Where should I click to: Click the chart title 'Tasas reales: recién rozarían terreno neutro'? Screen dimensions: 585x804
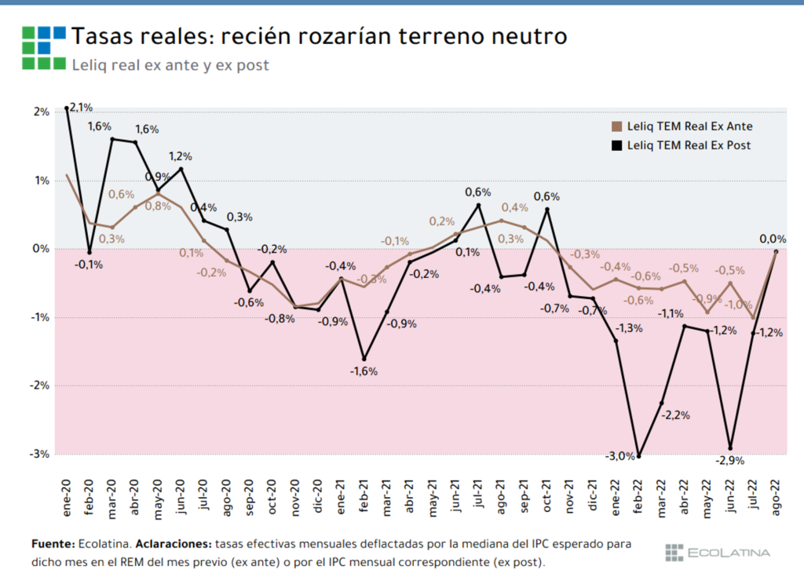[319, 36]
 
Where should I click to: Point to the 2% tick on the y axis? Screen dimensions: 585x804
[41, 112]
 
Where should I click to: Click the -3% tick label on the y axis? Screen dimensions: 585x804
[39, 454]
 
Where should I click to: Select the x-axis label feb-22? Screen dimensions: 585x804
[638, 496]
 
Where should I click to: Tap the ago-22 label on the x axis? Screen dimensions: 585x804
[776, 496]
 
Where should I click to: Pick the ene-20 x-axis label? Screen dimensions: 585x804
[67, 496]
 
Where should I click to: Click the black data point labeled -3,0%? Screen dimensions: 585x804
[638, 455]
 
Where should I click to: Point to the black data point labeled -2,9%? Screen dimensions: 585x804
[730, 448]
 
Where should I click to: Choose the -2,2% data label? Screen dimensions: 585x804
[675, 415]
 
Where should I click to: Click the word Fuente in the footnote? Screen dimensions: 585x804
[52, 543]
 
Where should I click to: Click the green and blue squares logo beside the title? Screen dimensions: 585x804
[43, 48]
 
